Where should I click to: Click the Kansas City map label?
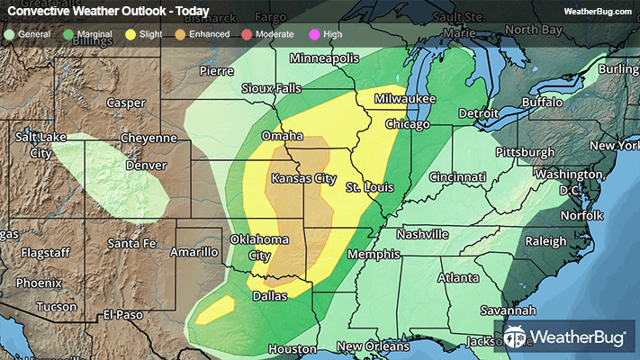coord(304,178)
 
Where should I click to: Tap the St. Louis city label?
coord(369,187)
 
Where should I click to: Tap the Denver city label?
coord(147,166)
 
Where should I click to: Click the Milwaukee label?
coord(406,98)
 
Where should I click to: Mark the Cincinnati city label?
coord(458,176)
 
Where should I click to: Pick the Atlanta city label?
coord(459,279)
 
